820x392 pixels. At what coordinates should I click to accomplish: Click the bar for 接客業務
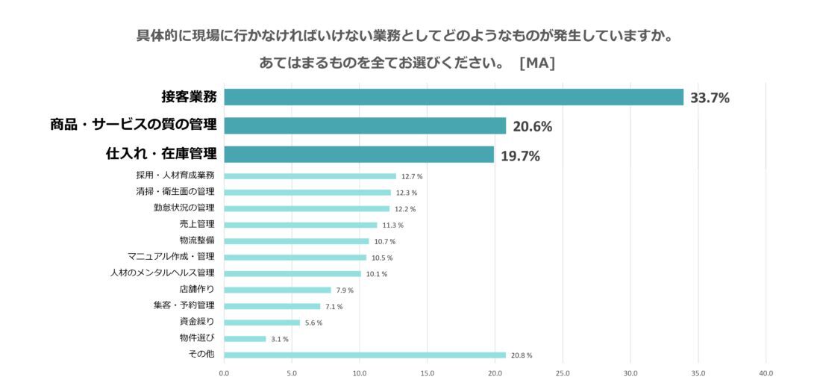pyautogui.click(x=454, y=97)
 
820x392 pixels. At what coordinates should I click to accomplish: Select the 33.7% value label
pyautogui.click(x=710, y=98)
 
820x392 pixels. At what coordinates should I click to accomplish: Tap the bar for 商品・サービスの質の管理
pyautogui.click(x=365, y=125)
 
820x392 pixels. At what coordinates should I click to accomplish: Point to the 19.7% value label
pyautogui.click(x=520, y=156)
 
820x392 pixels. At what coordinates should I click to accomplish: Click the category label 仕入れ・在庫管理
pyautogui.click(x=161, y=154)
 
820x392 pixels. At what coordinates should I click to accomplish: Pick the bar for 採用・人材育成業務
pyautogui.click(x=310, y=176)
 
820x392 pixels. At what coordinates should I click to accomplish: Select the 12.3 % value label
pyautogui.click(x=407, y=193)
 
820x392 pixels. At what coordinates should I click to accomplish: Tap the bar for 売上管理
pyautogui.click(x=300, y=225)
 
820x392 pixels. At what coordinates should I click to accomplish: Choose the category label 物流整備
pyautogui.click(x=197, y=240)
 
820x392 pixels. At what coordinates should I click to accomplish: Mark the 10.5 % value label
pyautogui.click(x=382, y=258)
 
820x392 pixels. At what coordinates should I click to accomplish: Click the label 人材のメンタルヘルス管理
pyautogui.click(x=162, y=273)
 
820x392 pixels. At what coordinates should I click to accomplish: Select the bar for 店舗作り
pyautogui.click(x=277, y=290)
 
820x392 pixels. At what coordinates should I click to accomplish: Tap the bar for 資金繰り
pyautogui.click(x=261, y=323)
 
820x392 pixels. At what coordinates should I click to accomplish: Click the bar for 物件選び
pyautogui.click(x=245, y=339)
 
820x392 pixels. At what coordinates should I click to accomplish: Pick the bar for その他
pyautogui.click(x=365, y=355)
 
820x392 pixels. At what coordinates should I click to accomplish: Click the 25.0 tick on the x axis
pyautogui.click(x=563, y=373)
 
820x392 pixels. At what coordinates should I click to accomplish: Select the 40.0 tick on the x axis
pyautogui.click(x=766, y=373)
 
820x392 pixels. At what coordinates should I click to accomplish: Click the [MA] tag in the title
pyautogui.click(x=536, y=63)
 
